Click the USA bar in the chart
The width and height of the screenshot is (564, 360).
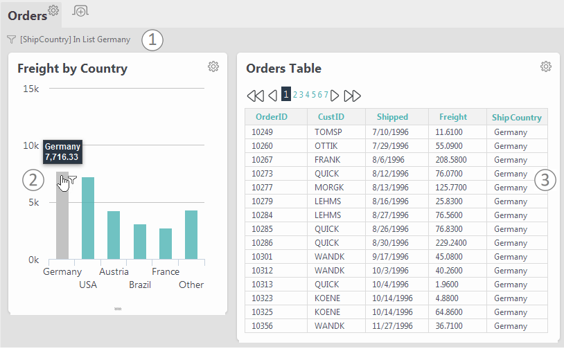tap(88, 218)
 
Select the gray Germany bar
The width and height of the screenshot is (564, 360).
tap(62, 215)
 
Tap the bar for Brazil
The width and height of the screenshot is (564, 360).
tap(140, 242)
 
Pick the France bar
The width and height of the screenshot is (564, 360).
tap(166, 244)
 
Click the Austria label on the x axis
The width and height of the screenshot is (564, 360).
tap(114, 271)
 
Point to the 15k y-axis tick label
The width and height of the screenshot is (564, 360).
tap(31, 89)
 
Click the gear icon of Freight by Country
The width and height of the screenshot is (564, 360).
tap(213, 66)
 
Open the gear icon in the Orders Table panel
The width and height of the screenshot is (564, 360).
tap(546, 66)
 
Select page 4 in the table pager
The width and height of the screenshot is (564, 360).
tap(308, 94)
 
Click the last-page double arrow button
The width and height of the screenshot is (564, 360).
tap(352, 96)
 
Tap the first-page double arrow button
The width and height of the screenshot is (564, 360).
tap(256, 96)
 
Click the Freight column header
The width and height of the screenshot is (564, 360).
tap(453, 117)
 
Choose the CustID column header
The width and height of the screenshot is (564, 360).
tap(331, 117)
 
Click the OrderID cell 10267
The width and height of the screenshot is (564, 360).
tap(262, 160)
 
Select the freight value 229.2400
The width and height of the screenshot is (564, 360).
tap(451, 243)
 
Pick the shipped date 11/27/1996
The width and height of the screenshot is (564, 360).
tap(392, 326)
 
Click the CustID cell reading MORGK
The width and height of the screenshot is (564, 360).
tap(329, 188)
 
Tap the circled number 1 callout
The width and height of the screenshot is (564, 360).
tap(152, 40)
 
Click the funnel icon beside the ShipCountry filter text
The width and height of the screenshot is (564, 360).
tap(12, 39)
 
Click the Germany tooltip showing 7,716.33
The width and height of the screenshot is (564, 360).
tap(62, 152)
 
